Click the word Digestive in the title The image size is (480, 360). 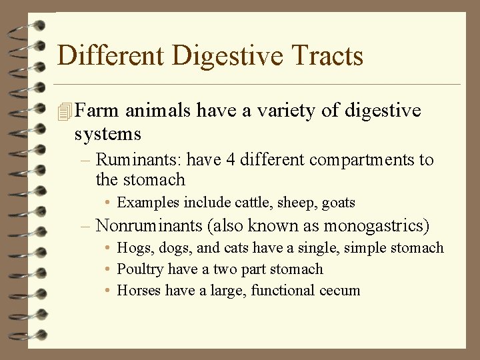[x=220, y=55]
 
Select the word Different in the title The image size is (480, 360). [x=110, y=55]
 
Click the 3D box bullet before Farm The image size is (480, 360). [x=65, y=111]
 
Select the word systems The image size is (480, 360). [x=107, y=134]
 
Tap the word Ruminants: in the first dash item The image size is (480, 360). [x=139, y=160]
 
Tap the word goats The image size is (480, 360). [x=339, y=203]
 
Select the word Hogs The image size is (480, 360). [x=133, y=248]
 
